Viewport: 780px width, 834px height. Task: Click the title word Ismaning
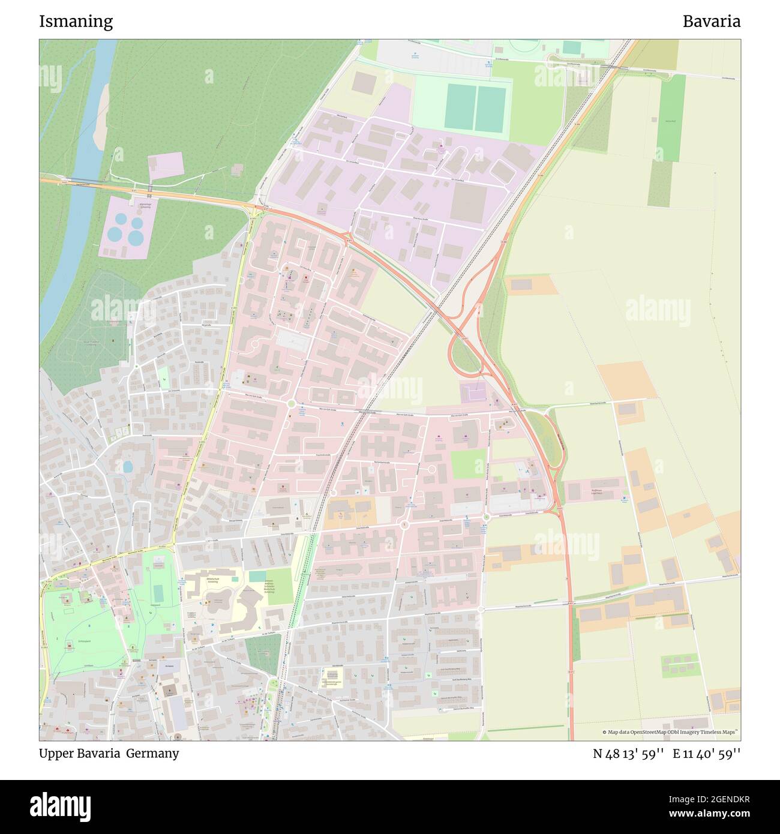pyautogui.click(x=76, y=22)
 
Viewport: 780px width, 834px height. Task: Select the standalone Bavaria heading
pyautogui.click(x=711, y=22)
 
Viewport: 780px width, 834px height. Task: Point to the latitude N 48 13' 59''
pyautogui.click(x=628, y=754)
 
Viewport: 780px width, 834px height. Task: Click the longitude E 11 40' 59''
pyautogui.click(x=706, y=754)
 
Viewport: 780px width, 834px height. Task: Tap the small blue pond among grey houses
pyautogui.click(x=128, y=466)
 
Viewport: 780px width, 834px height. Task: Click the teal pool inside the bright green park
pyautogui.click(x=158, y=593)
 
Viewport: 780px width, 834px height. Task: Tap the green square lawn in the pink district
pyautogui.click(x=467, y=463)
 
